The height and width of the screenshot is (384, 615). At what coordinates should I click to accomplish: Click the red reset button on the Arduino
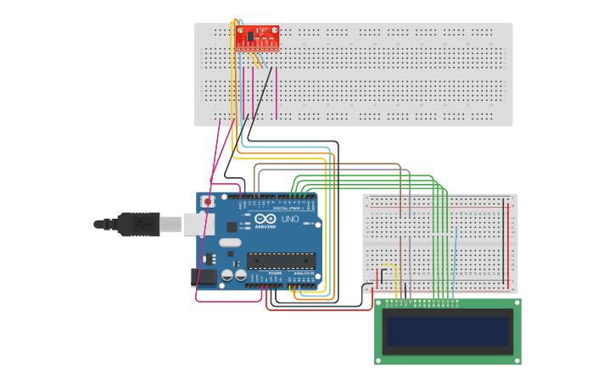(x=207, y=202)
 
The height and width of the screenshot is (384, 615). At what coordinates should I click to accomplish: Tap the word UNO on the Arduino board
(x=290, y=219)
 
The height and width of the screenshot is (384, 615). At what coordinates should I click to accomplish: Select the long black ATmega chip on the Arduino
(x=281, y=260)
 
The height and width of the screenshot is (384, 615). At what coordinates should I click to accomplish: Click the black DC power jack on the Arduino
(x=204, y=276)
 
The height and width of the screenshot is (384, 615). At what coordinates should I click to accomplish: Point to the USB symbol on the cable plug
(x=142, y=225)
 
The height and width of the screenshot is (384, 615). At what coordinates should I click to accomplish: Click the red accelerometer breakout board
(x=256, y=36)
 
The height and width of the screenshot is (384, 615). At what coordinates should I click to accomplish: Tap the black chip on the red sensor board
(x=251, y=36)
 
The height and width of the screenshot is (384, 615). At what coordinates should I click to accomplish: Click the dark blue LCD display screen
(x=448, y=331)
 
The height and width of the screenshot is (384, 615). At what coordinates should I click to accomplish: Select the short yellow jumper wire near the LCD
(x=388, y=265)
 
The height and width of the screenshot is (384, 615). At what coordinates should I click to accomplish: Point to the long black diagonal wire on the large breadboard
(x=260, y=93)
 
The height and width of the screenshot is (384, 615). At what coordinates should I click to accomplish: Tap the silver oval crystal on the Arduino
(x=230, y=242)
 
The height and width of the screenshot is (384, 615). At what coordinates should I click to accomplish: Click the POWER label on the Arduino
(x=275, y=274)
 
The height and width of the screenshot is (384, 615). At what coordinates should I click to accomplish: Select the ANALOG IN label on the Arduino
(x=301, y=274)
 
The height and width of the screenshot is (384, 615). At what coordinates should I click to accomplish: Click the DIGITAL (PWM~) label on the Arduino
(x=284, y=208)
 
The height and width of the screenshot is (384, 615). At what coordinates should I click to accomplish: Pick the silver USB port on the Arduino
(x=194, y=223)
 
